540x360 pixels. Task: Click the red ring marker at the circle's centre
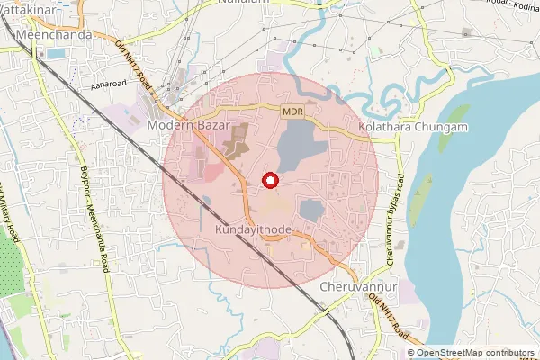click(x=269, y=180)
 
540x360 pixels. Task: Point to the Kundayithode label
click(x=253, y=230)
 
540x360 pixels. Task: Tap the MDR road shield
click(x=292, y=111)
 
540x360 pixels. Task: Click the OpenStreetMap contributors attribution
click(x=474, y=353)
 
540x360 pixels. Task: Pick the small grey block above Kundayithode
click(x=310, y=210)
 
